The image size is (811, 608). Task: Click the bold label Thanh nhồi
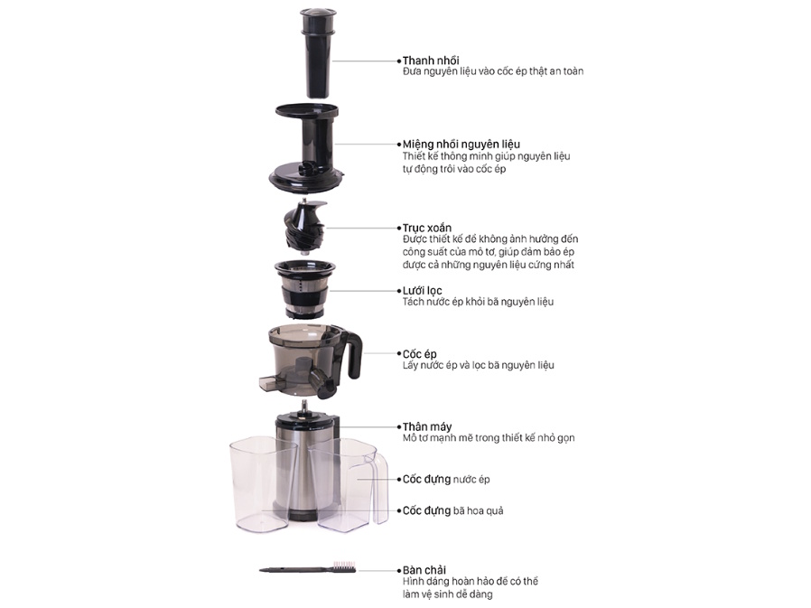pyautogui.click(x=430, y=61)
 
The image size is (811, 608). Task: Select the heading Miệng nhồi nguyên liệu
pyautogui.click(x=461, y=145)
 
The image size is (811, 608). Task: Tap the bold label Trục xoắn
pyautogui.click(x=426, y=228)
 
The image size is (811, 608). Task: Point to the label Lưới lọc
pyautogui.click(x=422, y=290)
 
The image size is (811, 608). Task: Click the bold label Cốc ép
pyautogui.click(x=419, y=353)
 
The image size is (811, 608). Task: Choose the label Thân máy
pyautogui.click(x=426, y=426)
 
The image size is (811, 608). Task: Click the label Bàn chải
pyautogui.click(x=423, y=571)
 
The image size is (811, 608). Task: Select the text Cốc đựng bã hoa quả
pyautogui.click(x=465, y=510)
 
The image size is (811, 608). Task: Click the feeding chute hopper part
pyautogui.click(x=307, y=149)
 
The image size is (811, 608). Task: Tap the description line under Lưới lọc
pyautogui.click(x=478, y=302)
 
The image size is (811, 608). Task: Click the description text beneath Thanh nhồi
pyautogui.click(x=492, y=71)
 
